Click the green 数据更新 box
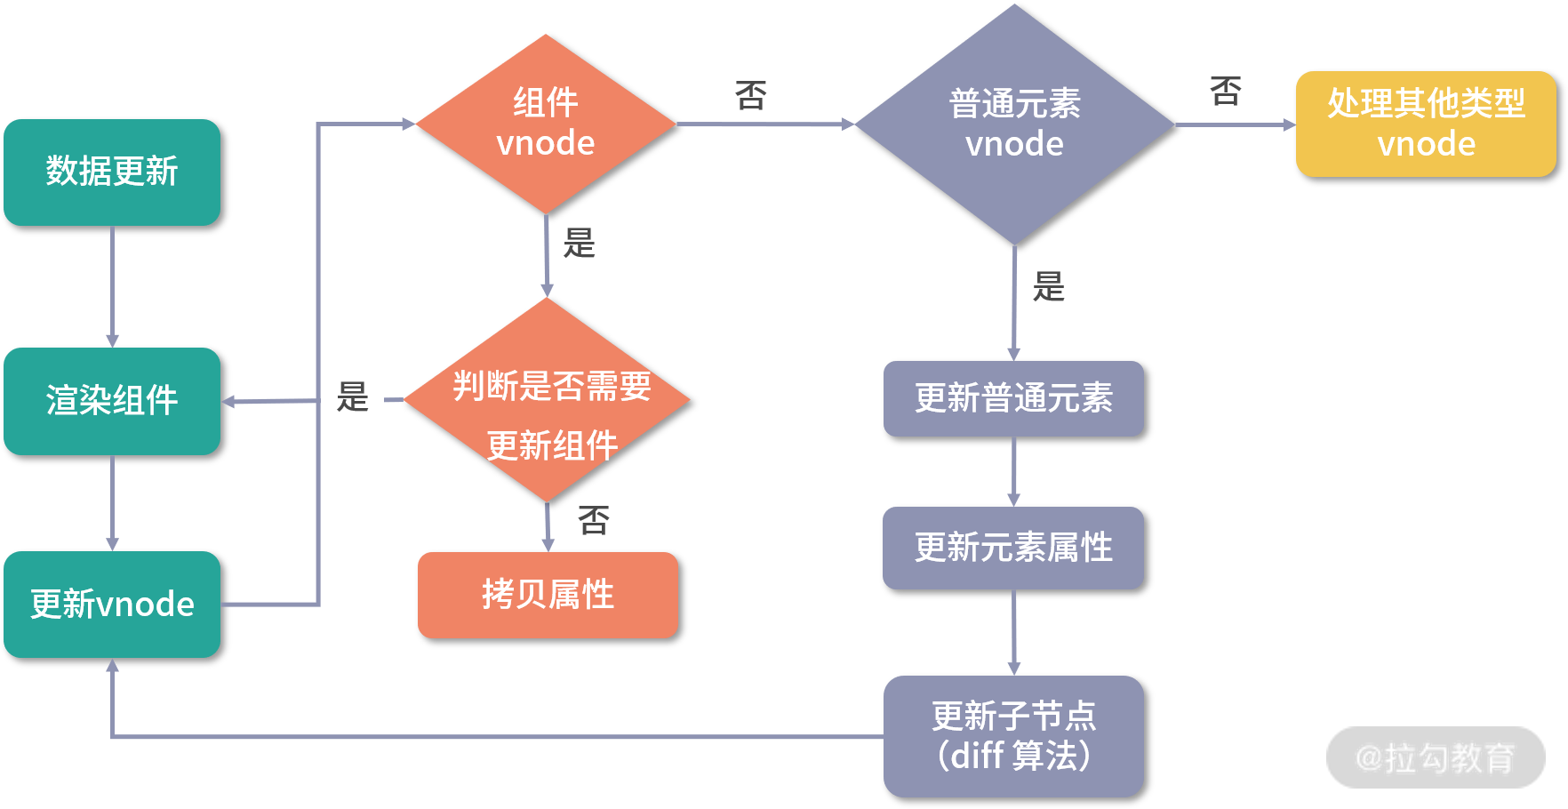coord(112,172)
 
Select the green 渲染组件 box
coord(112,401)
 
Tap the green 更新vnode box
coord(112,605)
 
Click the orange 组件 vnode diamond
coord(546,124)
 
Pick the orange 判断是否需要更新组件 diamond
coord(548,400)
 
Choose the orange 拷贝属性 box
coord(548,595)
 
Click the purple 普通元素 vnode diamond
coord(1014,124)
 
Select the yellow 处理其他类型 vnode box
coord(1426,124)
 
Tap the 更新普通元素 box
coord(1013,398)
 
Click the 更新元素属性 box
coord(1013,548)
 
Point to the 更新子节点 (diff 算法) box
coord(1013,736)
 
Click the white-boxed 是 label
coord(352,397)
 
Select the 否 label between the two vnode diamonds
coord(751,95)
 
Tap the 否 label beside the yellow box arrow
coord(1226,91)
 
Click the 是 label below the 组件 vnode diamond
coord(580,243)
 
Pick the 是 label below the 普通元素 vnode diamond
coord(1049,286)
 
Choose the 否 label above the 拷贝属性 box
coord(594,520)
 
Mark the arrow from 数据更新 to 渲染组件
coord(112,286)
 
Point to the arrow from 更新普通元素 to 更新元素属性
coord(1014,471)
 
